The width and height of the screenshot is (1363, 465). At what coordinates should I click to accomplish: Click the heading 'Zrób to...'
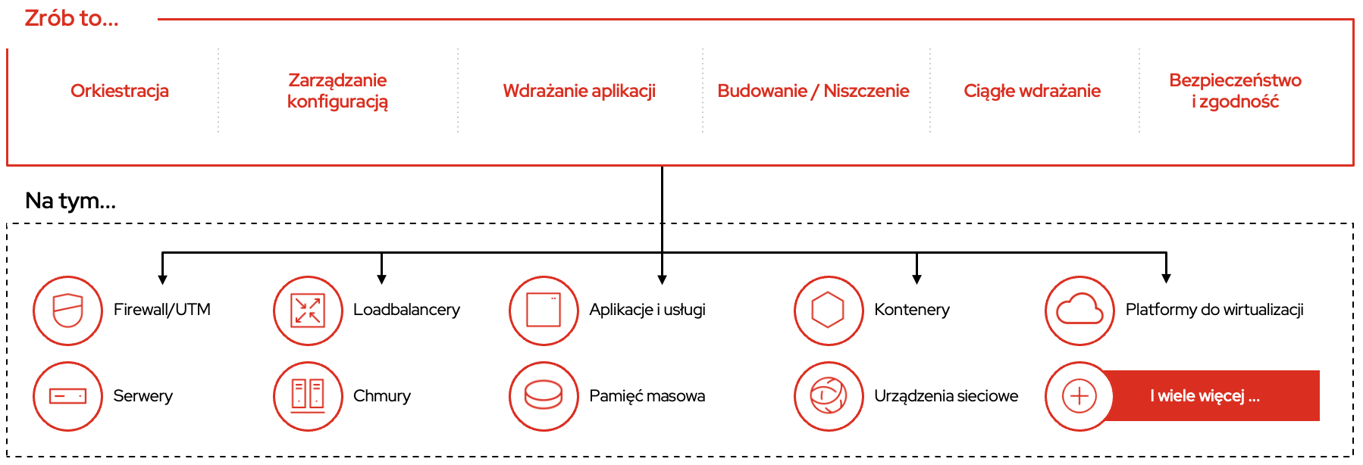pyautogui.click(x=71, y=18)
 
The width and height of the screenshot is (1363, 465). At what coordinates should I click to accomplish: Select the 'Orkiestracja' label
pyautogui.click(x=120, y=91)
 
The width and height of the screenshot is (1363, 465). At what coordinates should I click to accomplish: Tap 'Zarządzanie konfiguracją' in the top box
pyautogui.click(x=337, y=91)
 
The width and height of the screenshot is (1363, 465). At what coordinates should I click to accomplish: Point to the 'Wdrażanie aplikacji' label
pyautogui.click(x=579, y=91)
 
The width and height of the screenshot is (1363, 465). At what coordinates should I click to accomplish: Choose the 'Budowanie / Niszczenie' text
pyautogui.click(x=813, y=91)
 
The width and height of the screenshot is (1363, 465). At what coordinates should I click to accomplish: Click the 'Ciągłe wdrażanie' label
pyautogui.click(x=1032, y=91)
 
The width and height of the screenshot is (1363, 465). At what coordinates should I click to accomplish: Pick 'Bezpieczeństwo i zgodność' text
pyautogui.click(x=1235, y=91)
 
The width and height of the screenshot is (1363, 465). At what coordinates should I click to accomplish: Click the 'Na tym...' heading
pyautogui.click(x=70, y=201)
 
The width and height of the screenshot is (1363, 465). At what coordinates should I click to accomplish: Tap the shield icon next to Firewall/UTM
pyautogui.click(x=67, y=311)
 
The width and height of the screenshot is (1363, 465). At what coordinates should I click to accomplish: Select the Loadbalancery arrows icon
pyautogui.click(x=308, y=311)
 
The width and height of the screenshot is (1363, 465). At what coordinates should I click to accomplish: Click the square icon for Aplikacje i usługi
pyautogui.click(x=544, y=311)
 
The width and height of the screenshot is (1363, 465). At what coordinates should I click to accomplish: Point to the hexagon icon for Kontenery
pyautogui.click(x=829, y=311)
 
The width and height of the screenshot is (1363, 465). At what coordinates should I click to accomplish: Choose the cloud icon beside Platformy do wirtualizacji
pyautogui.click(x=1079, y=311)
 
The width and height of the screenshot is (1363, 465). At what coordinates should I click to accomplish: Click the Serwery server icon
pyautogui.click(x=67, y=396)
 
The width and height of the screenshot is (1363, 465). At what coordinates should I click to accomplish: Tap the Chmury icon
pyautogui.click(x=308, y=396)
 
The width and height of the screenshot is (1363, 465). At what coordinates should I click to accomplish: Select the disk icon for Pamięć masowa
pyautogui.click(x=544, y=396)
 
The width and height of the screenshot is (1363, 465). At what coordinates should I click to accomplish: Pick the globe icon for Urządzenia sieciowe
pyautogui.click(x=829, y=396)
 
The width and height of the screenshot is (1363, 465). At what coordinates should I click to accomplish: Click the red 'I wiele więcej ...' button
pyautogui.click(x=1211, y=396)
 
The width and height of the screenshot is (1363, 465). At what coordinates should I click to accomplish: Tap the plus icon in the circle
pyautogui.click(x=1079, y=396)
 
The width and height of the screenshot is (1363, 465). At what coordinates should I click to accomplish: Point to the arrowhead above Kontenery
pyautogui.click(x=916, y=279)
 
